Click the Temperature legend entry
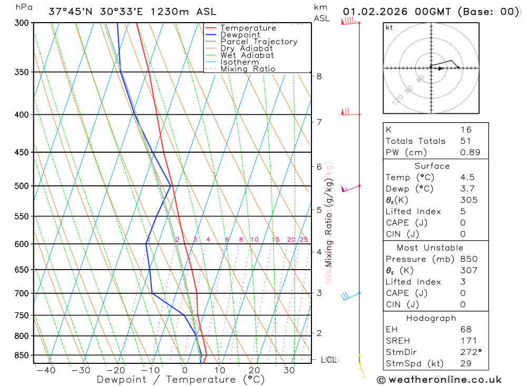coord(248,28)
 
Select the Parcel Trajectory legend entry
coord(259,42)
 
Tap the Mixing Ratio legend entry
coord(248,69)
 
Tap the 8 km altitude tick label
coord(319,76)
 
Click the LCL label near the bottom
coord(329,360)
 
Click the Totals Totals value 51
coord(466,141)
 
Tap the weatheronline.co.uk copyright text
coord(439,379)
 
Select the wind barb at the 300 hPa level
coord(349,22)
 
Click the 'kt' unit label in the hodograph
coord(389,27)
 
